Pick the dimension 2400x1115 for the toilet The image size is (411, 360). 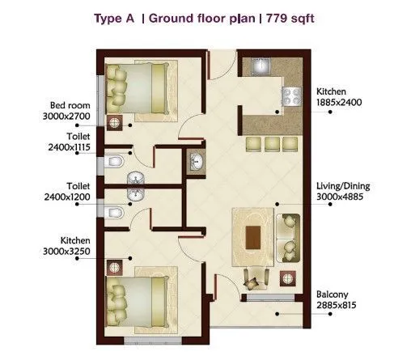coord(70,148)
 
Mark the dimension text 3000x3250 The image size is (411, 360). coord(70,252)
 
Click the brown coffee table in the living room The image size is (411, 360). coord(253,237)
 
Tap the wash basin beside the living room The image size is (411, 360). coord(195,163)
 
